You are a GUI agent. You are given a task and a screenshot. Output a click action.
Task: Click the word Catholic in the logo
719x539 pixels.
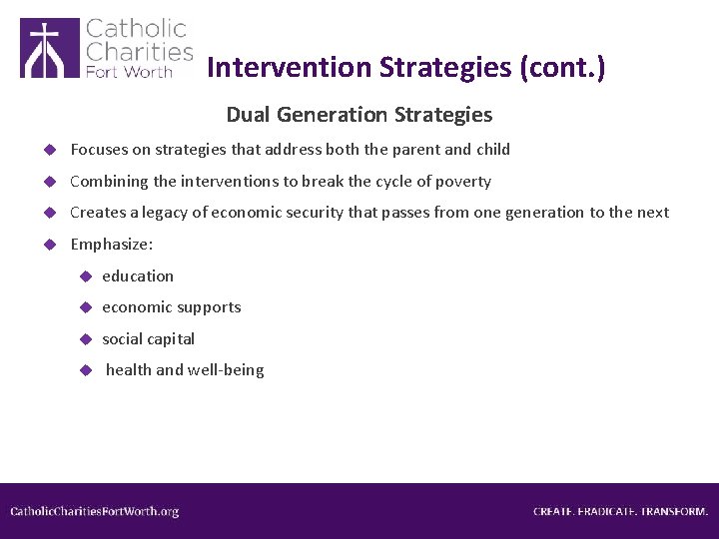pyautogui.click(x=136, y=28)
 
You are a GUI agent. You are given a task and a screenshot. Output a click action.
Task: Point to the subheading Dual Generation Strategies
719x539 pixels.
pyautogui.click(x=359, y=115)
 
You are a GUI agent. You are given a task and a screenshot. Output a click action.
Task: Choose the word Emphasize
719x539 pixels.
pyautogui.click(x=111, y=244)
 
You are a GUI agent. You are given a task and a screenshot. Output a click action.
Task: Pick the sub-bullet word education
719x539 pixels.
pyautogui.click(x=138, y=275)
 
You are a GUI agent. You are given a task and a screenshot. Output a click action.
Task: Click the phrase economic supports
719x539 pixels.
pyautogui.click(x=172, y=307)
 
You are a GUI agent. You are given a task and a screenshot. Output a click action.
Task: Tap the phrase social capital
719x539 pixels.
pyautogui.click(x=149, y=339)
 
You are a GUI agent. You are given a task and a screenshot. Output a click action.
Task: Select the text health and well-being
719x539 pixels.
pyautogui.click(x=185, y=370)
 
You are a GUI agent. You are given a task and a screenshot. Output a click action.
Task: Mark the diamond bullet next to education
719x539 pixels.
pyautogui.click(x=87, y=276)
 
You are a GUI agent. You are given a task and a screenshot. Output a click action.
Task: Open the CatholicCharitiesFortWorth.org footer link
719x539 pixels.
pyautogui.click(x=95, y=511)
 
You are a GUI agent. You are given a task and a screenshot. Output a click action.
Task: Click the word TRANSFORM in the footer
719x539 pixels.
pyautogui.click(x=674, y=511)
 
